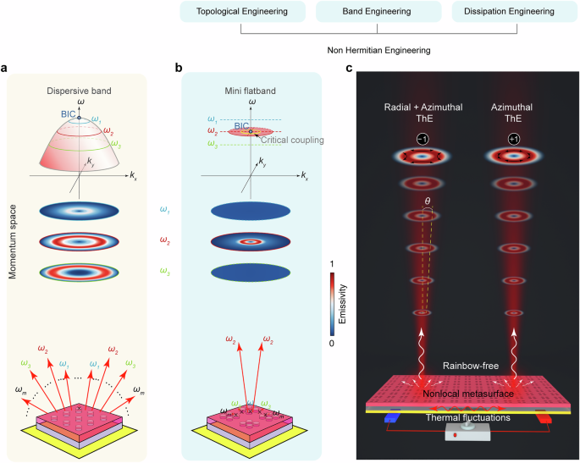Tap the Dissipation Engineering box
[x=515, y=13]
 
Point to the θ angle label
[x=429, y=201]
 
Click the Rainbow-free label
[x=468, y=365]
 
